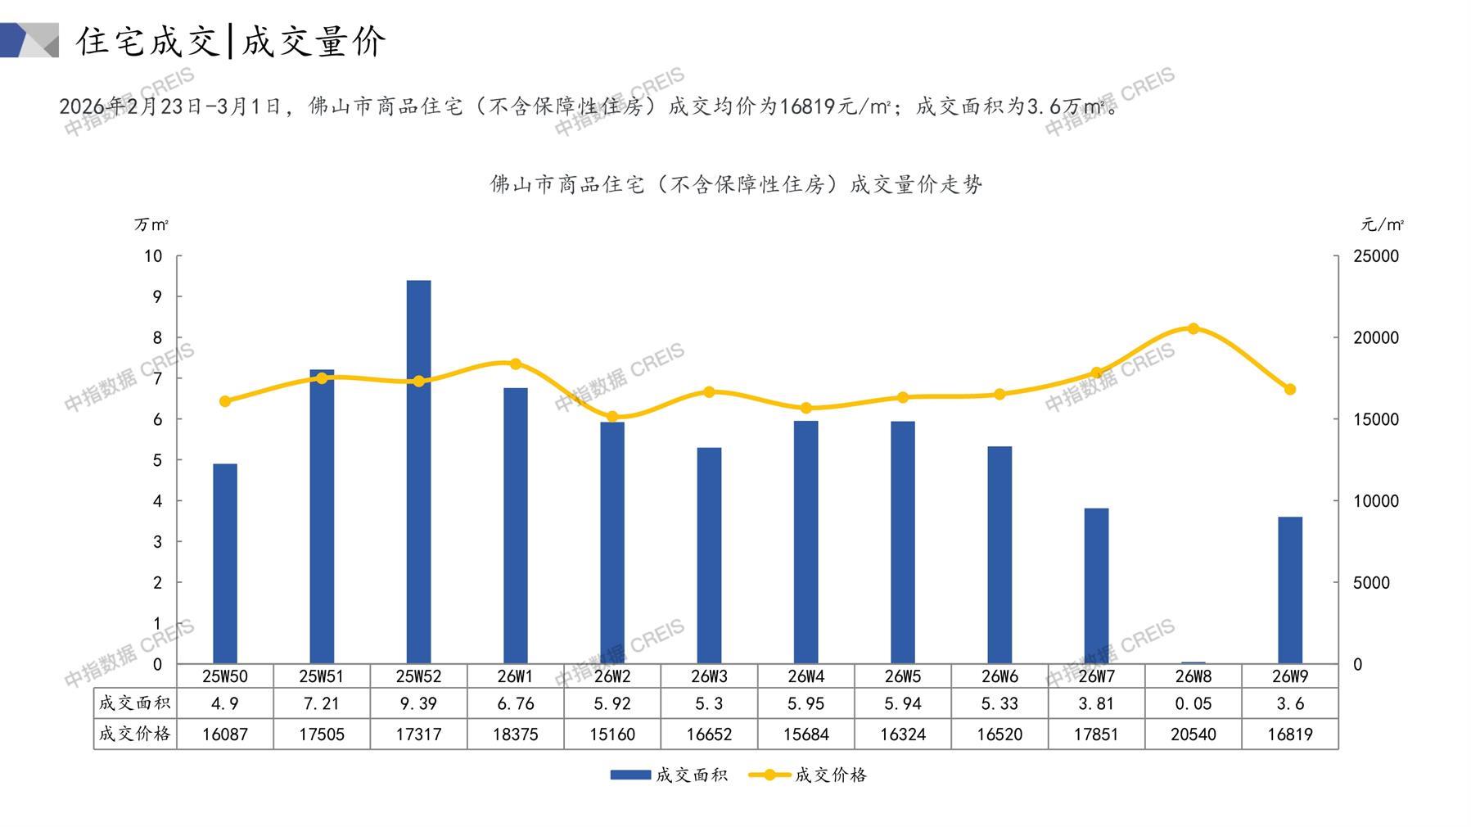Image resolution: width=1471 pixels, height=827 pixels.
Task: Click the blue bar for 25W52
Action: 418,472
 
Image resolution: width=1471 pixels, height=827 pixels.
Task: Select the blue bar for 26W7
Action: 1096,585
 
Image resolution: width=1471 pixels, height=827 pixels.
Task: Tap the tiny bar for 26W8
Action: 1193,662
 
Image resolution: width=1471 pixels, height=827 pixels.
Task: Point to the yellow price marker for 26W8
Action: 1193,328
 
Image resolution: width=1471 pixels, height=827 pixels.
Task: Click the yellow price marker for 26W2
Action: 612,417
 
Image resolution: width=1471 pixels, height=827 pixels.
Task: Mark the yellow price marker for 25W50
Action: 225,401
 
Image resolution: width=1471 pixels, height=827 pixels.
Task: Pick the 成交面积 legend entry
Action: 669,775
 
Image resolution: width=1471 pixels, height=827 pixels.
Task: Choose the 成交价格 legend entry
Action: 808,775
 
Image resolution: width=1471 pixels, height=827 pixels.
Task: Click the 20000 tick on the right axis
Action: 1376,337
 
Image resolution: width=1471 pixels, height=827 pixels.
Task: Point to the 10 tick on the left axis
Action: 153,256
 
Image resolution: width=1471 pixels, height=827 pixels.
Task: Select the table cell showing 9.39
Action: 418,703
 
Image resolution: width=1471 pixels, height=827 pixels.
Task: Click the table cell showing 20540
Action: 1193,734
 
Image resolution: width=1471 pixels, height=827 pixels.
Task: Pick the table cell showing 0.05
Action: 1193,703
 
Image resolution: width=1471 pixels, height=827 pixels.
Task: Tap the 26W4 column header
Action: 805,676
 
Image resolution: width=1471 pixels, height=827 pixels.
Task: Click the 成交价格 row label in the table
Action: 135,734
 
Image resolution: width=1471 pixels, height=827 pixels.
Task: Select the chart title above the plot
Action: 736,184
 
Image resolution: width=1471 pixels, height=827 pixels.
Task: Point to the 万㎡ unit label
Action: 151,224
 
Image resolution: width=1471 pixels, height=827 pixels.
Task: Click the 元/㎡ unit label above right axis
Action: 1382,224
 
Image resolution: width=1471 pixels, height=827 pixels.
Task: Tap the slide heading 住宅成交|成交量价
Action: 231,41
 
